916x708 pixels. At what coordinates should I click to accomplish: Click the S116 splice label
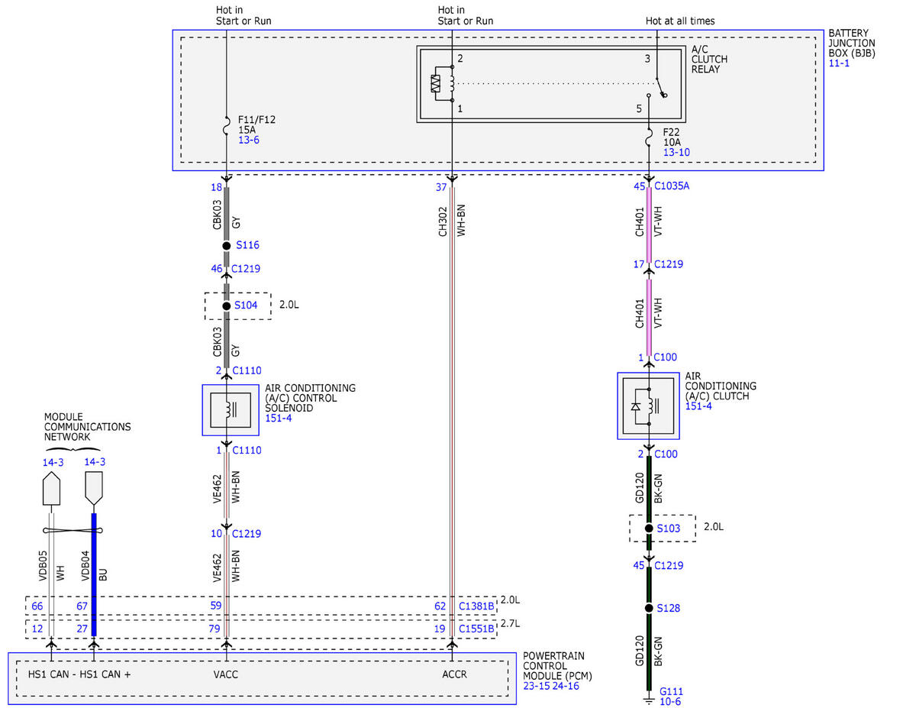(247, 245)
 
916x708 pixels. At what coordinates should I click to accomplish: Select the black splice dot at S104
(227, 306)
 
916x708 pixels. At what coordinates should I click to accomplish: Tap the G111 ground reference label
(671, 691)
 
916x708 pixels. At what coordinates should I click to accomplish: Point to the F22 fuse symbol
(649, 137)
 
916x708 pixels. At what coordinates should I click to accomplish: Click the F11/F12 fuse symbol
(227, 126)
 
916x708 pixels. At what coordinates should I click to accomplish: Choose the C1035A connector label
(672, 186)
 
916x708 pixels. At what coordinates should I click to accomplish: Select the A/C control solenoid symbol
(231, 410)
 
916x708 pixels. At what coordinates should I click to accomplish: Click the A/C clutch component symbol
(648, 406)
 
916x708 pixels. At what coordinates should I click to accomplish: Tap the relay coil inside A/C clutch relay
(451, 83)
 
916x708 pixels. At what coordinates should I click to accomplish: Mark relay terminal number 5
(639, 108)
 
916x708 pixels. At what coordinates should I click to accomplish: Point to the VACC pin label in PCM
(225, 674)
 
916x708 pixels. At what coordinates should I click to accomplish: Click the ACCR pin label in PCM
(454, 674)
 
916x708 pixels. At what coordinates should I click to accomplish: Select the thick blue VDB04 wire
(94, 574)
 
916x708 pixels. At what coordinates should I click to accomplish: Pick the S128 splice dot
(649, 608)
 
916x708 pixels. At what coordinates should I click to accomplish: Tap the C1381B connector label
(476, 606)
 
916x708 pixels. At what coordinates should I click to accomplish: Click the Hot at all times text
(680, 21)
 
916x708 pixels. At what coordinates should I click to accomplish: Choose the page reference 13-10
(676, 152)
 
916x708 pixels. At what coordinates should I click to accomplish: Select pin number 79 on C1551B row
(214, 629)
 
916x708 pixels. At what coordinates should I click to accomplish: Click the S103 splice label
(669, 529)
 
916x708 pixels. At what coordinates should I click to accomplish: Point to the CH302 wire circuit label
(442, 221)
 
